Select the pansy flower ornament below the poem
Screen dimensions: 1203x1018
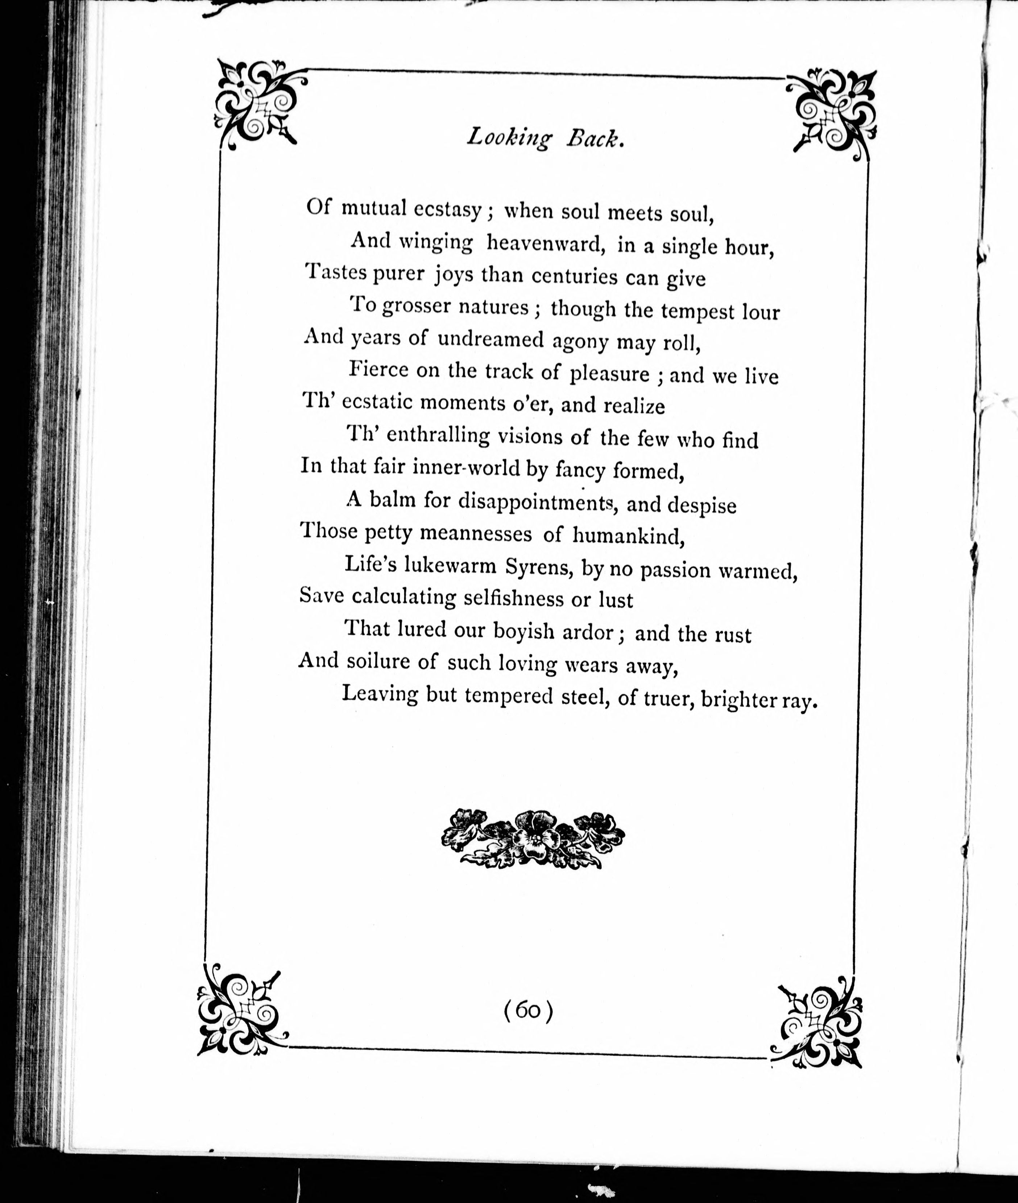pyautogui.click(x=533, y=838)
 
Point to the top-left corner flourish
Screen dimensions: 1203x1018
pyautogui.click(x=258, y=104)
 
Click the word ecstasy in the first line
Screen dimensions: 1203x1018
pyautogui.click(x=447, y=210)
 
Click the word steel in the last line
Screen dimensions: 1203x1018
pyautogui.click(x=584, y=697)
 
